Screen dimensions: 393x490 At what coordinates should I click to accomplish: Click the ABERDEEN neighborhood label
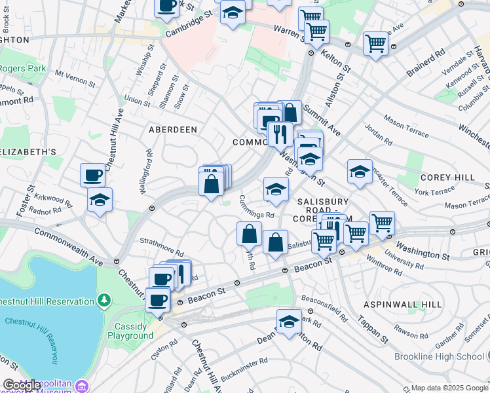(x=172, y=130)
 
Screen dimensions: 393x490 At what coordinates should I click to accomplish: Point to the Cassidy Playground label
(x=134, y=331)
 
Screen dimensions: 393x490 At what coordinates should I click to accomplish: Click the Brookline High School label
(x=440, y=356)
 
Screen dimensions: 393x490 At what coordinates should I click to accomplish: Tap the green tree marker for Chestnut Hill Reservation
(x=104, y=301)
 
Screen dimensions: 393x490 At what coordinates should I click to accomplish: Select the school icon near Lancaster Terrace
(x=360, y=172)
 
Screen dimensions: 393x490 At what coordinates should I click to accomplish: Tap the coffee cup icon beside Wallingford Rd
(x=93, y=176)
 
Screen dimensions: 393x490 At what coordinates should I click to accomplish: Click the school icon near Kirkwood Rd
(x=100, y=200)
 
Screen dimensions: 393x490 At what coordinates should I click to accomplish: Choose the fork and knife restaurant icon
(x=280, y=134)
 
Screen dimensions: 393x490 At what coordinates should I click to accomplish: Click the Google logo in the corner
(x=22, y=385)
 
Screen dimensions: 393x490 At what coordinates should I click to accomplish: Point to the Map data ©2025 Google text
(x=449, y=388)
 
